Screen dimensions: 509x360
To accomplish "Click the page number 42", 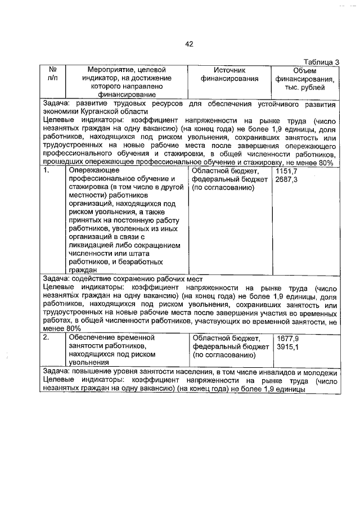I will tap(189, 44).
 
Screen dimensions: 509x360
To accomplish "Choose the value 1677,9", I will tap(287, 338).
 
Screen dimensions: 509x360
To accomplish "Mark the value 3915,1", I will tap(287, 347).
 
